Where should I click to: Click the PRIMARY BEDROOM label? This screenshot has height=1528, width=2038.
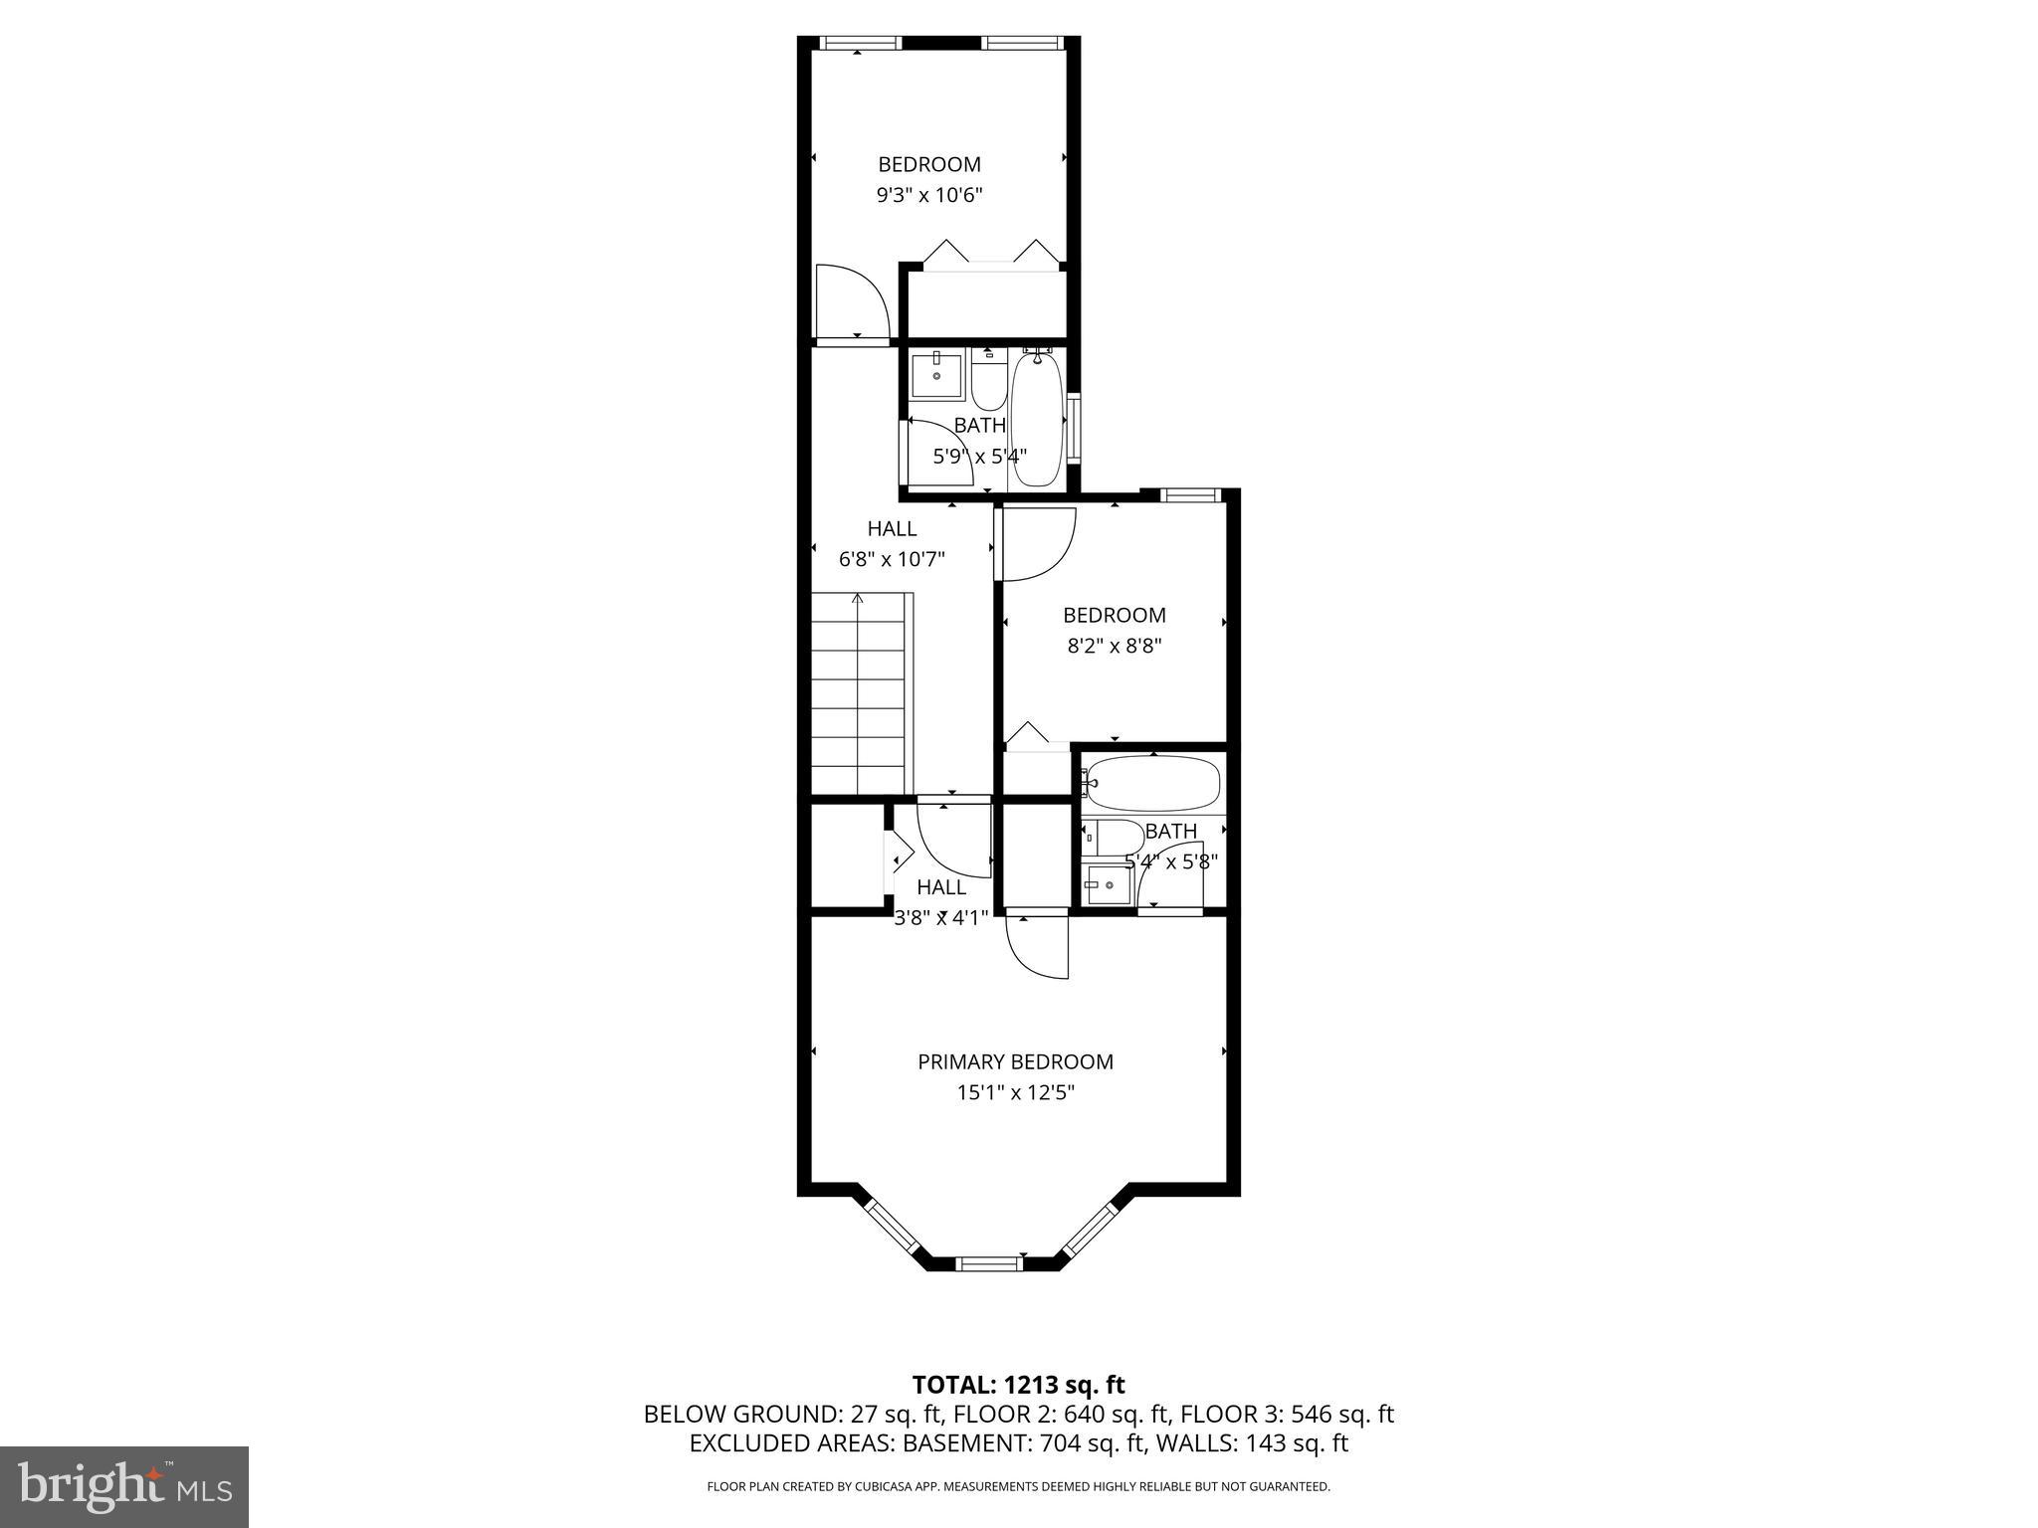coord(1015,1061)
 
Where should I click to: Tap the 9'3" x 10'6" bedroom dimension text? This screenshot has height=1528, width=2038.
coord(928,195)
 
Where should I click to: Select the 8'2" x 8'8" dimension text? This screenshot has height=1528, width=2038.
coord(1115,646)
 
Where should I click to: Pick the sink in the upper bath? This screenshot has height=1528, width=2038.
coord(936,375)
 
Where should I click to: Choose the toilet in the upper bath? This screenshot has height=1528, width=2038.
coord(988,388)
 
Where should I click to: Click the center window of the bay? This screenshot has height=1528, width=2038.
coord(988,1263)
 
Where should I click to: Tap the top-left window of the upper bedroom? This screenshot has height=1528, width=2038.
coord(861,43)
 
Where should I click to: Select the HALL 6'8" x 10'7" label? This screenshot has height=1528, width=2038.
coord(892,544)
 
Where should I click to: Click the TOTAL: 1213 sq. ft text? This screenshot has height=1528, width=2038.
coord(1018,1385)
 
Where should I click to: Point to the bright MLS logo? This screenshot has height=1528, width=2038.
coord(124,1486)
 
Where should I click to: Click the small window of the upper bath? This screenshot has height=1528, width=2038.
coord(1074,427)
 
